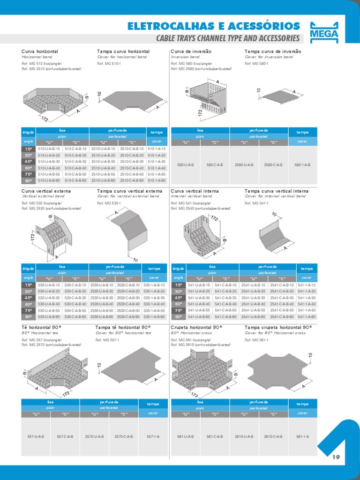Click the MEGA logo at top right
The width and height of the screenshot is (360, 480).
point(324,31)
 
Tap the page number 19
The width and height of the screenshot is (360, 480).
point(335,457)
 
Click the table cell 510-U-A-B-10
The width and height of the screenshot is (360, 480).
point(49,149)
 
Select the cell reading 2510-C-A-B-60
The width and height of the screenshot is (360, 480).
point(132,180)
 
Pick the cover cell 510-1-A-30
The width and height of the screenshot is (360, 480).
point(157,161)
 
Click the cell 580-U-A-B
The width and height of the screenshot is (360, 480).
point(186,165)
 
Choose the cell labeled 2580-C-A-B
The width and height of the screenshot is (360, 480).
point(273,165)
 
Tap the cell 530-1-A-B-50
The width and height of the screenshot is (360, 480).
point(154,310)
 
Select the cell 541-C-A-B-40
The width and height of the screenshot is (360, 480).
point(226,304)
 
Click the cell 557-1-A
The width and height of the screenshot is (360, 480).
point(153,436)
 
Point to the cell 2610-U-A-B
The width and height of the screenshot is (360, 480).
point(244,436)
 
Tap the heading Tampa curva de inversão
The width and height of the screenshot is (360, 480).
point(273,51)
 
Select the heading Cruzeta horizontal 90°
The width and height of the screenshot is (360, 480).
point(196,327)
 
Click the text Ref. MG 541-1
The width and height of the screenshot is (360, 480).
point(256,203)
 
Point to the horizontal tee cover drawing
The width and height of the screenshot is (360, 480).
point(131,370)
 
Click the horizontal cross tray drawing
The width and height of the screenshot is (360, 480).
point(202,370)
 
